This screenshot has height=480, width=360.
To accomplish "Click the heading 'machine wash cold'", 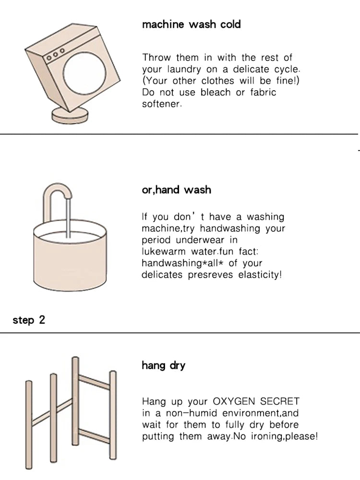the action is pos(192,24).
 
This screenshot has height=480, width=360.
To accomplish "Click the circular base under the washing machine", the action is pos(70,116).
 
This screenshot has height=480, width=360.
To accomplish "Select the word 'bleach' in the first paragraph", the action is pos(216,92).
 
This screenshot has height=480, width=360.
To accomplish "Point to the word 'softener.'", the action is pos(162,104).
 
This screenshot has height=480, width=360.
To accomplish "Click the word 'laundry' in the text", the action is pos(184,70).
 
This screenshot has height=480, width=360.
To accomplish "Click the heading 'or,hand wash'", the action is pos(177,190).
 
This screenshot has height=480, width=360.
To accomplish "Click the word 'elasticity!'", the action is pos(260,275).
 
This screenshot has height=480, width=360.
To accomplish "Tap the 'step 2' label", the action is pos(29,320).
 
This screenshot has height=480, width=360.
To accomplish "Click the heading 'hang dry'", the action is pos(164,365).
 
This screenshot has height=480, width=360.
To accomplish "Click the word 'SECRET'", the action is pos(280,401).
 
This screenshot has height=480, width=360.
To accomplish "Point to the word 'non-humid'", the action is pos(192,413).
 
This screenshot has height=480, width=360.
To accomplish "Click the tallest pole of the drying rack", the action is pos(75,401).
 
